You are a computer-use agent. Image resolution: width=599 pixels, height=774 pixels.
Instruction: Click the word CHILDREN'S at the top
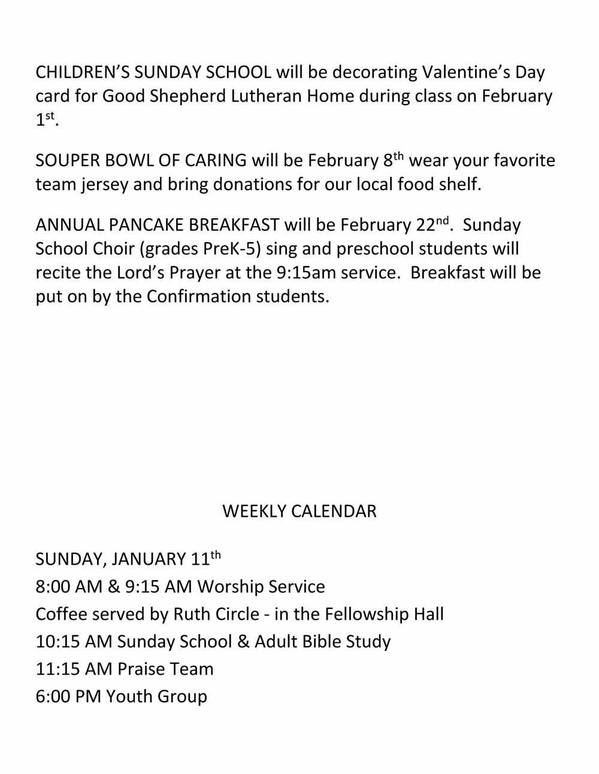point(82,72)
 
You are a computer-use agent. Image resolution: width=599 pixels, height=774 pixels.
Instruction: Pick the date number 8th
point(393,160)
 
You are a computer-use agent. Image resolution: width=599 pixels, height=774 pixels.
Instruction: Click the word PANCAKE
point(146,225)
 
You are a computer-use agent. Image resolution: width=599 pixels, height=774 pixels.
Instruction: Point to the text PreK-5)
point(232,249)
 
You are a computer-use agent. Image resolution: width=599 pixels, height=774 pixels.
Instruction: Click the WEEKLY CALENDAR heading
point(299,511)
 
